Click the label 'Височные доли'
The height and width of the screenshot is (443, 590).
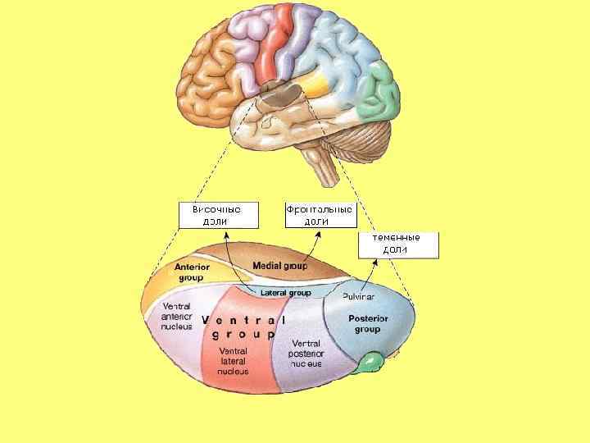coord(217,215)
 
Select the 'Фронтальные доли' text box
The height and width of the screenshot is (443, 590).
coord(319,215)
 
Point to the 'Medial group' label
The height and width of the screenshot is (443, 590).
coord(279,266)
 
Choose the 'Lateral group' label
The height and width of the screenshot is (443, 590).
coord(285,292)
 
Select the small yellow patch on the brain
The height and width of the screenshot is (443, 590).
coord(317,84)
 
